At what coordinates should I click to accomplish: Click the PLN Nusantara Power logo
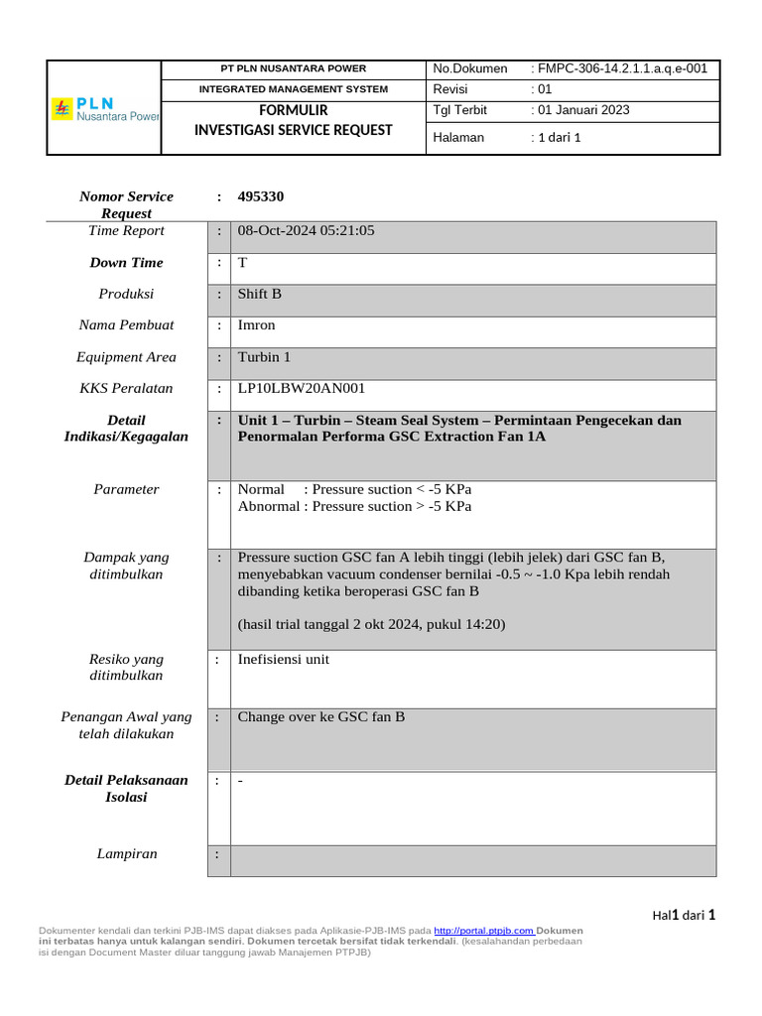tap(104, 108)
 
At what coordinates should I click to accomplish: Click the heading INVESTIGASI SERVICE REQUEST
tap(293, 130)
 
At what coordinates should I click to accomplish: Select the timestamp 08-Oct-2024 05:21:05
tap(307, 231)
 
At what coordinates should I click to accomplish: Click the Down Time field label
tap(126, 263)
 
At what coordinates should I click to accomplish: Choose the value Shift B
tap(260, 295)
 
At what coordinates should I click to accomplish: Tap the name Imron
tap(257, 325)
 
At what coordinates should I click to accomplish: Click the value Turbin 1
tap(264, 357)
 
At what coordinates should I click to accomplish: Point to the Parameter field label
tap(126, 489)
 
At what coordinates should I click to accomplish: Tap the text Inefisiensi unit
tap(284, 659)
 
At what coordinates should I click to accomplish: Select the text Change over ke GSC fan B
tap(321, 717)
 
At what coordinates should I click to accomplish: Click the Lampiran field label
tap(126, 853)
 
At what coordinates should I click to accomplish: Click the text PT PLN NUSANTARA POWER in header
tap(293, 68)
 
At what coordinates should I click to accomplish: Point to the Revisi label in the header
tap(452, 89)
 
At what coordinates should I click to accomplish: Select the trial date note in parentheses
tap(372, 624)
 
